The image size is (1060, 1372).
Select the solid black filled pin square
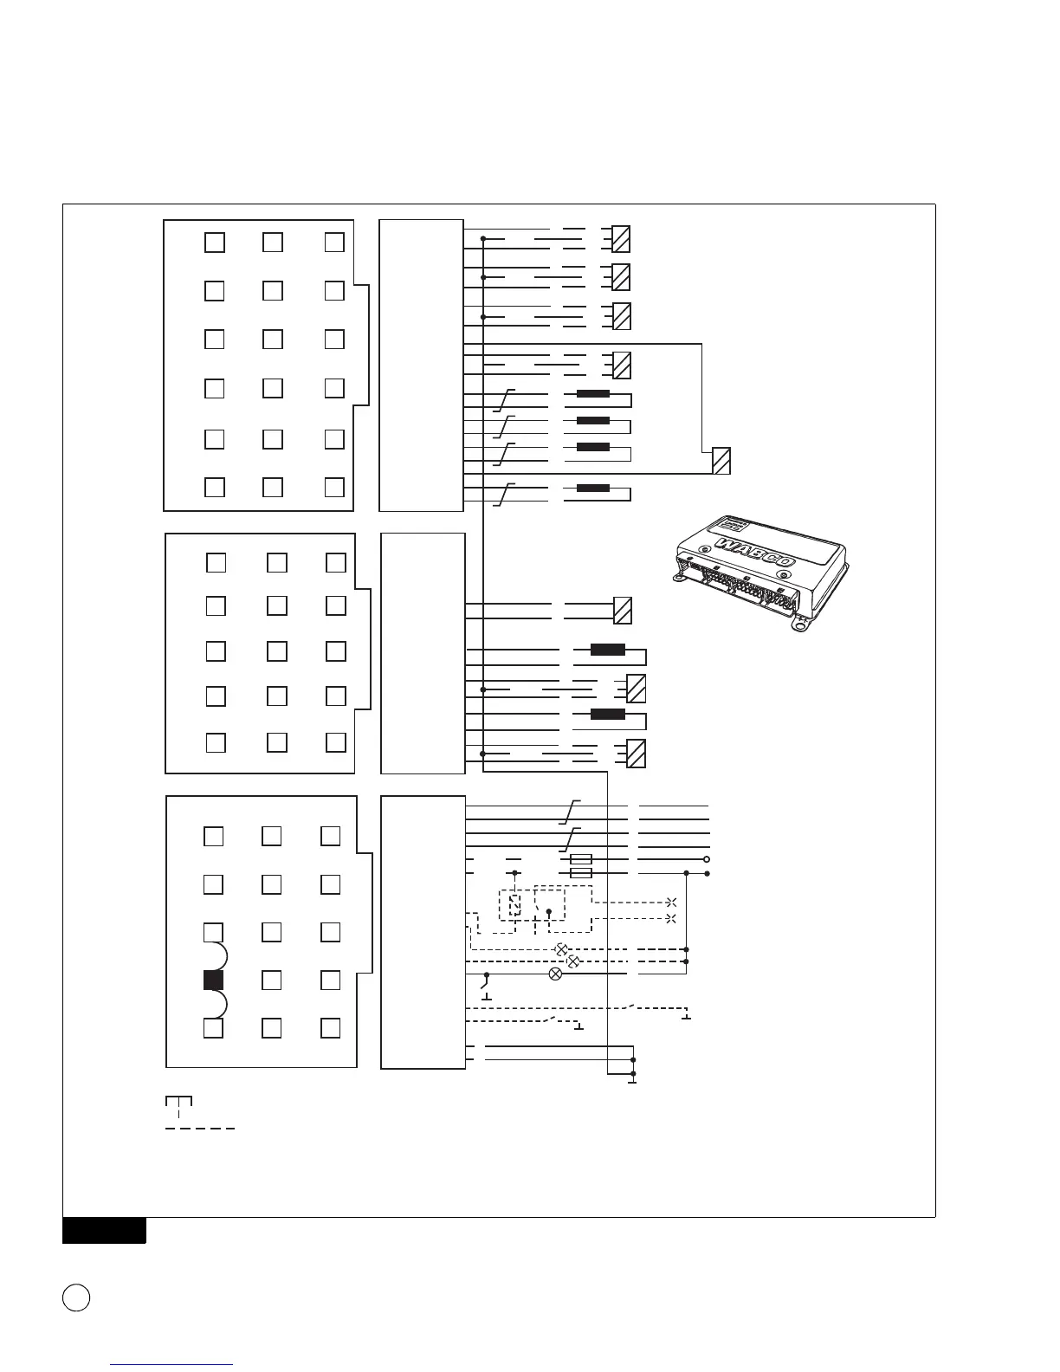213,980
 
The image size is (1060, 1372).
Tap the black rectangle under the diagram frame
104,1231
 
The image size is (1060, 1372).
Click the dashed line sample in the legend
200,1129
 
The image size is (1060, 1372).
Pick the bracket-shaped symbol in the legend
178,1102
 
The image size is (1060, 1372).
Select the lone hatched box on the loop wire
721,461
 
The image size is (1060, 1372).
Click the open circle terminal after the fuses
707,860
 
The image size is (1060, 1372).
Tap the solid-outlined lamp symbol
556,974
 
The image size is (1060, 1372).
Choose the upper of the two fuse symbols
581,859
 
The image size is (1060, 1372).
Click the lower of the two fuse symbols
581,873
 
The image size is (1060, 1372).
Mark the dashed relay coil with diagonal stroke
515,906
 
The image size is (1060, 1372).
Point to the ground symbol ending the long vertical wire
633,1079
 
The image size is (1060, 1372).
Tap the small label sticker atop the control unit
731,526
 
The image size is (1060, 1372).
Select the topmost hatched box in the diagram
621,239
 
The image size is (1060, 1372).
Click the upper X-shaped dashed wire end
671,902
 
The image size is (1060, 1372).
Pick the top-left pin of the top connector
215,243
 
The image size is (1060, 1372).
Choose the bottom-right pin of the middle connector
336,742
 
